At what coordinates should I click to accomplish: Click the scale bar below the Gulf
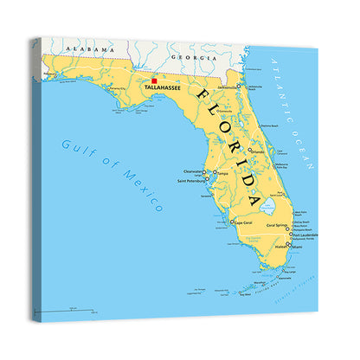pyautogui.click(x=70, y=309)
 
